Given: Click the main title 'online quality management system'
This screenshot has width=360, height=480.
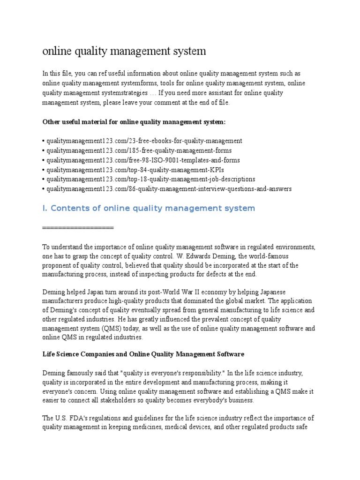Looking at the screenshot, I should tap(124, 51).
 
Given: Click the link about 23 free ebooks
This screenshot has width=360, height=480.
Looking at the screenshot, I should tap(143, 141).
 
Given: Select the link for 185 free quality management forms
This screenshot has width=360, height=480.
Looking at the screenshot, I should tap(138, 150).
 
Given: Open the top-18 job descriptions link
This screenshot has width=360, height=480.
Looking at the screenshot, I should tap(150, 179).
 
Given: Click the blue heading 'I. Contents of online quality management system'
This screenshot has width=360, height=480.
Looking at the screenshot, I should tap(149, 208).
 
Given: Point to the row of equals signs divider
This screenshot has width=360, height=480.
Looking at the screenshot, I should tap(78, 227).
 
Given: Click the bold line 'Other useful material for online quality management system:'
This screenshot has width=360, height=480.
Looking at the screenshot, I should tap(134, 122).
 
